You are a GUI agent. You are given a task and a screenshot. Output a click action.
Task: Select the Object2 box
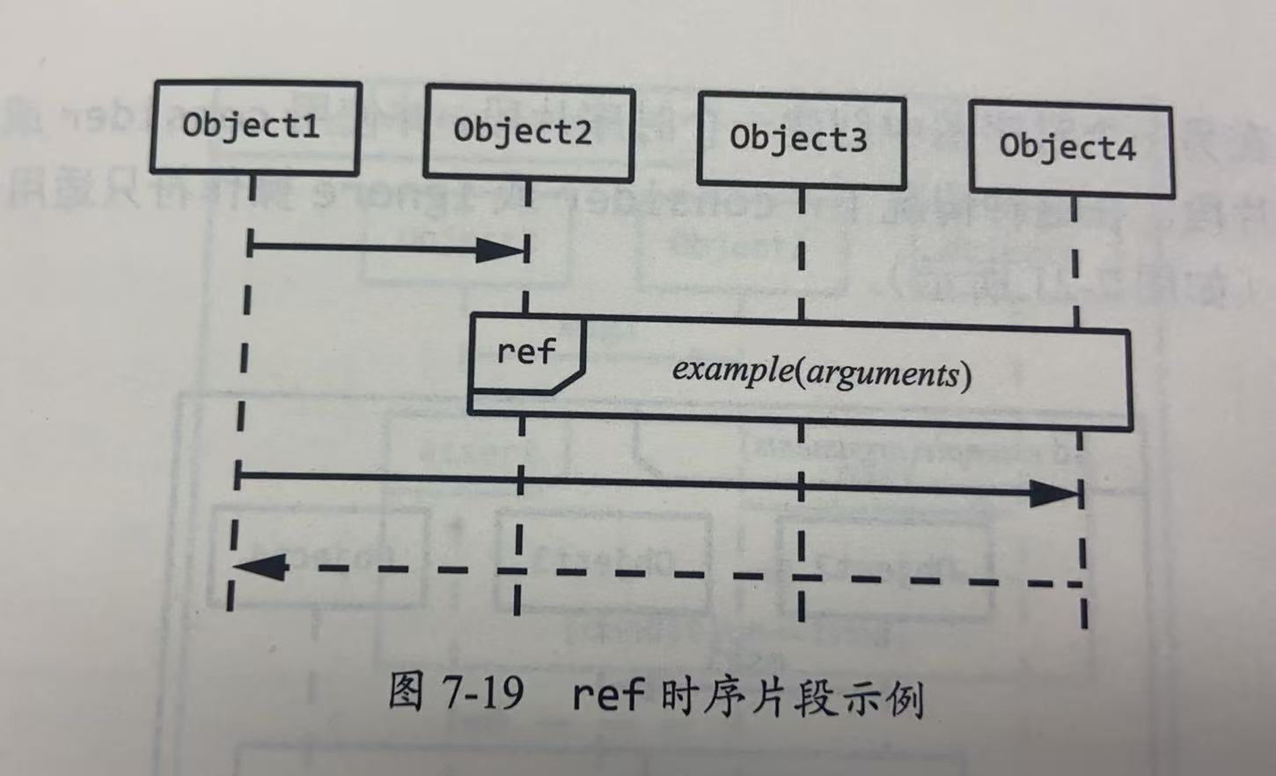coord(529,132)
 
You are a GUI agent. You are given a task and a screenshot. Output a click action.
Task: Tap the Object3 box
coord(802,140)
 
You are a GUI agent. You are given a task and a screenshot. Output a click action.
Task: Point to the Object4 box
coord(1071,147)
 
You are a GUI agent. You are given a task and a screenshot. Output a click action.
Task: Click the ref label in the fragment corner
coord(525,352)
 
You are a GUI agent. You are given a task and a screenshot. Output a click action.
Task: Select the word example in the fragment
coord(732,369)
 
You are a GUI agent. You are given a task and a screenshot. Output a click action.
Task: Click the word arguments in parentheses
coord(882,373)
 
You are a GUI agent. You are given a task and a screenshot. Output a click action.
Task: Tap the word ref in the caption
coord(607,695)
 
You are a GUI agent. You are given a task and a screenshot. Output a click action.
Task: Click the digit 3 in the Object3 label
coord(854,140)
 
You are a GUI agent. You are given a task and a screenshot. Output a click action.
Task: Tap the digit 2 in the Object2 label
coord(581,132)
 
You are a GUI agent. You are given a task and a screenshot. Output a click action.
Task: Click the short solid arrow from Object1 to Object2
coord(370,247)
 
